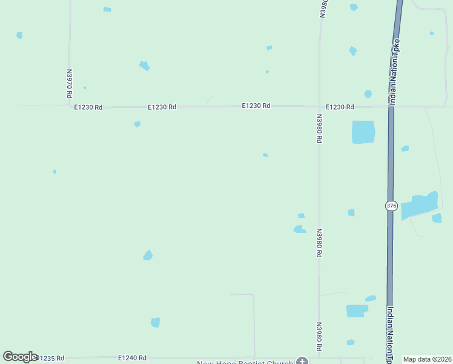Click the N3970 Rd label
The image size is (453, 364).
(x=70, y=83)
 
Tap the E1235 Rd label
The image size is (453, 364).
(x=50, y=359)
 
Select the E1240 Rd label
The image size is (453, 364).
(x=132, y=359)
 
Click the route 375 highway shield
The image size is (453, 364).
(x=391, y=206)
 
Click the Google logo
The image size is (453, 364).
(x=20, y=357)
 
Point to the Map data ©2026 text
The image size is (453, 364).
(x=427, y=359)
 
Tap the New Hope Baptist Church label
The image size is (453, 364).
(x=245, y=362)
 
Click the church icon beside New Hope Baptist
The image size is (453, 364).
(x=302, y=362)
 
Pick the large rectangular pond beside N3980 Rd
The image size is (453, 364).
(x=363, y=132)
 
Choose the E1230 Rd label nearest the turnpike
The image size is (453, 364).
(x=339, y=107)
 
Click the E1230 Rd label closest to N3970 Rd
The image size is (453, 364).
(x=88, y=107)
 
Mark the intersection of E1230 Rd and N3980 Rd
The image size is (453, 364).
(x=319, y=106)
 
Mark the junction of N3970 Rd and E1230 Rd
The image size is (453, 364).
(x=70, y=106)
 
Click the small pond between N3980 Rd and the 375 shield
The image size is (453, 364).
(x=351, y=212)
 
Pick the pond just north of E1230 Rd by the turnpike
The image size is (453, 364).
(x=368, y=93)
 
